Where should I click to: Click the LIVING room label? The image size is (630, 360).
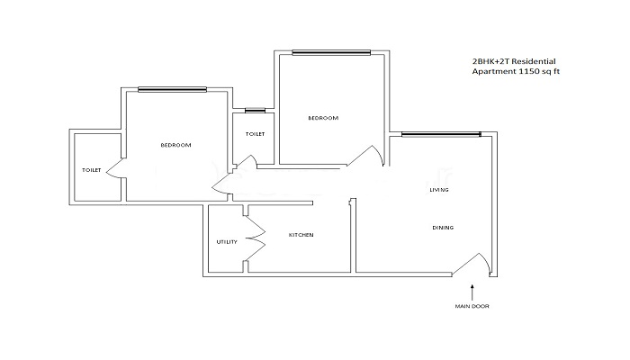439,190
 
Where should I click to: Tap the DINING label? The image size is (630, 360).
442,228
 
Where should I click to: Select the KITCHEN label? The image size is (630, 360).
301,235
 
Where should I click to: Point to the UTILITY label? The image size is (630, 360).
226,242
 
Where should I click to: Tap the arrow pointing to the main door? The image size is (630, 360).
472,290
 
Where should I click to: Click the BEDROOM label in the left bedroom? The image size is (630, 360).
175,145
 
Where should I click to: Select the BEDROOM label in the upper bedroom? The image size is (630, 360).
322,118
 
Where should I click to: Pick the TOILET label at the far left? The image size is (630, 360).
90,169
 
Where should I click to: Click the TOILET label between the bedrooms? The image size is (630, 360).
255,134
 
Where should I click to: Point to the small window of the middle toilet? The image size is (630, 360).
255,110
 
